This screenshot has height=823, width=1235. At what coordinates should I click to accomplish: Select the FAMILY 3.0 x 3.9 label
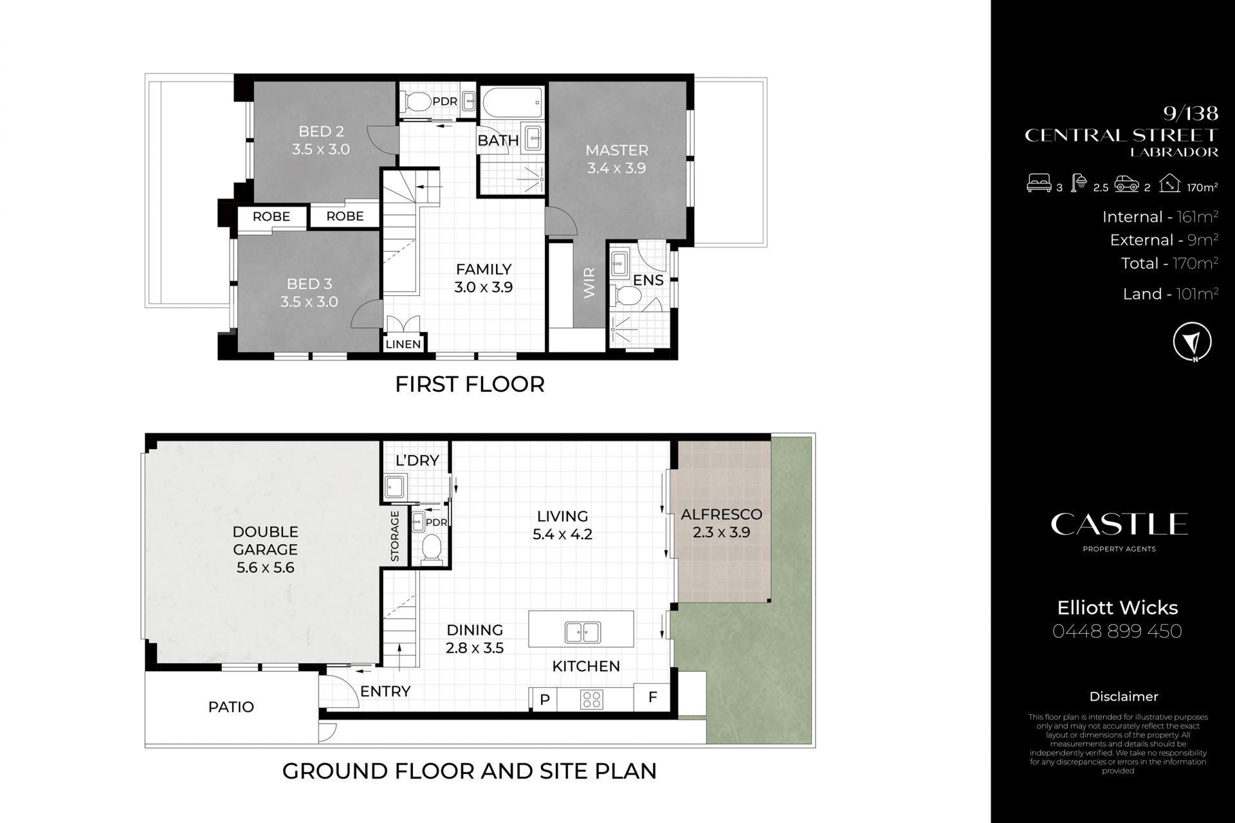coord(484,278)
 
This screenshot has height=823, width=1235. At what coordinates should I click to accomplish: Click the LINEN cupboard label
coord(403,344)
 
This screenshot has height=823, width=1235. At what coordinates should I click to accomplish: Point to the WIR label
coord(590,283)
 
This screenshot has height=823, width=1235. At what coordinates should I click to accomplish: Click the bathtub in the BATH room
coord(512,106)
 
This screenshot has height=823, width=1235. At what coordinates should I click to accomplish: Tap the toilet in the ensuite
coord(628,296)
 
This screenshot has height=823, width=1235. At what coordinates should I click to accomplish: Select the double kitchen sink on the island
coord(583,632)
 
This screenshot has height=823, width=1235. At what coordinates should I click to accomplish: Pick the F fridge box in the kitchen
coord(652,698)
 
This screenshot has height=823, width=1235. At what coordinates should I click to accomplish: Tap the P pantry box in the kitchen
coord(544,699)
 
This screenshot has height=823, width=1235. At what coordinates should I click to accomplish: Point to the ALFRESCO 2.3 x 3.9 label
coord(721,523)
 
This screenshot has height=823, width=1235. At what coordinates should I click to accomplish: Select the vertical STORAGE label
coord(395,535)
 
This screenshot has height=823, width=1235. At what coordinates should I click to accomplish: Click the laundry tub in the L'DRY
coord(394,487)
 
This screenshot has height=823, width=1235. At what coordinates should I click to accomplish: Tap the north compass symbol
coord(1192,342)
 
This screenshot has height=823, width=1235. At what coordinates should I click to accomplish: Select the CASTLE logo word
coord(1119,524)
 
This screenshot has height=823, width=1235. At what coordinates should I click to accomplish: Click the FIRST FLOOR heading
coord(470,384)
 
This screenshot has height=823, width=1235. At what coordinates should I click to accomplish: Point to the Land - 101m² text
coord(1171,294)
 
